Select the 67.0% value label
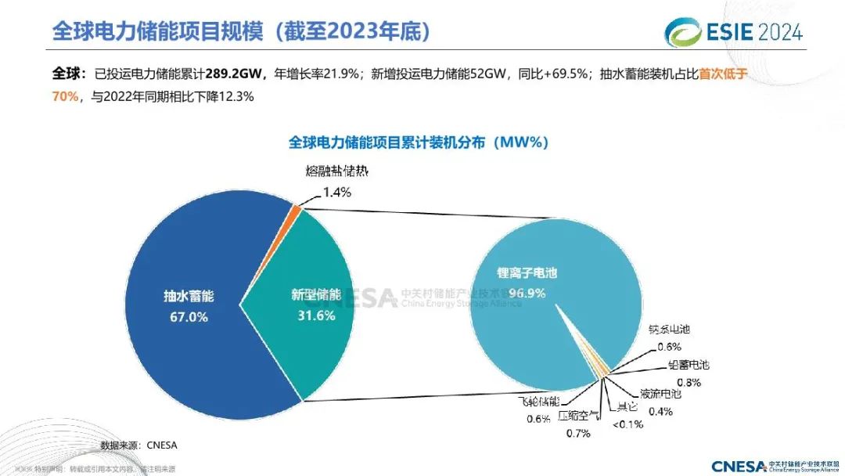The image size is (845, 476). coord(189,316)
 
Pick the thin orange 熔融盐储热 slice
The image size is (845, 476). coord(294,208)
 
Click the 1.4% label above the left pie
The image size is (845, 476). coord(336,191)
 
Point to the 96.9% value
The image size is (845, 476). coord(527,294)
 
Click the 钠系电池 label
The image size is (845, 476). coord(669,330)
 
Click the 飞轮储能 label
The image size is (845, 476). coord(539,401)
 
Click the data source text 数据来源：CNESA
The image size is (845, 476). coord(139,445)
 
